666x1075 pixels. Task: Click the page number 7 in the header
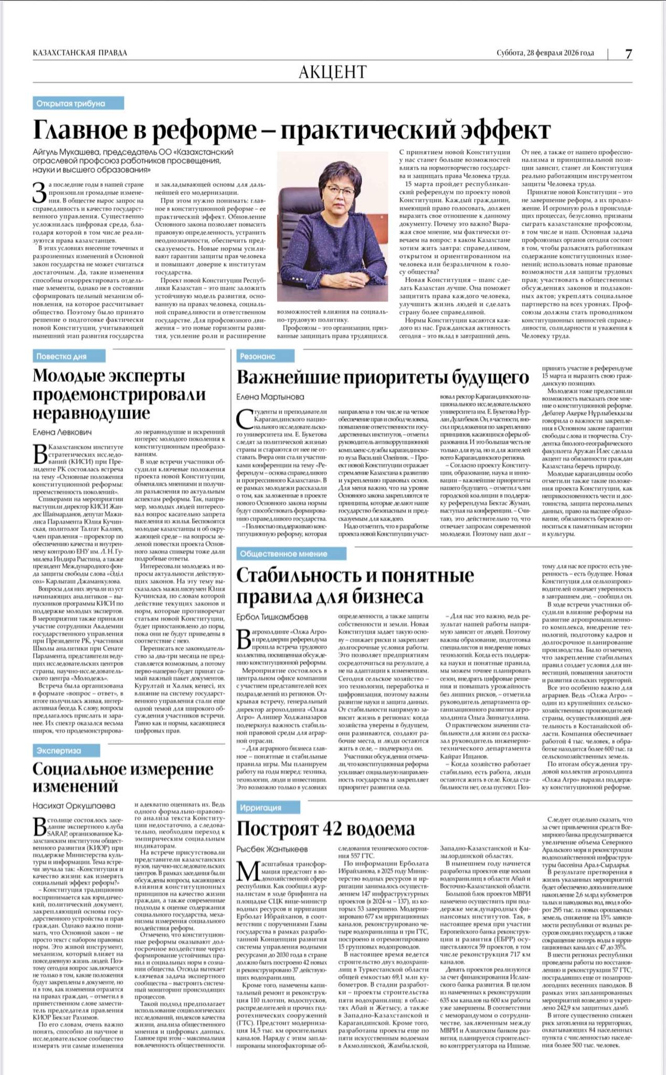[x=628, y=54]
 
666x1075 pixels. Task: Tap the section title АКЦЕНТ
[x=332, y=71]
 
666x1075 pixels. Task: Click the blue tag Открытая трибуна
[x=70, y=103]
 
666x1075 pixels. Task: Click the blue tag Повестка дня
[x=61, y=356]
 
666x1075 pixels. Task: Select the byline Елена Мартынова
[x=270, y=397]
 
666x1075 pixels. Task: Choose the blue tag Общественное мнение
[x=283, y=554]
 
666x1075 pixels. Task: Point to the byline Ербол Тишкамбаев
[x=272, y=616]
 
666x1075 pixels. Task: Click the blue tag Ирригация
[x=261, y=807]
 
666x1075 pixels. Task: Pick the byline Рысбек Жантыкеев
[x=271, y=849]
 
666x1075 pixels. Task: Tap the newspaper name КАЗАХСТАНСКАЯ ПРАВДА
[x=80, y=53]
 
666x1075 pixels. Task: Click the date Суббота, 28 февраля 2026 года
[x=545, y=53]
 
